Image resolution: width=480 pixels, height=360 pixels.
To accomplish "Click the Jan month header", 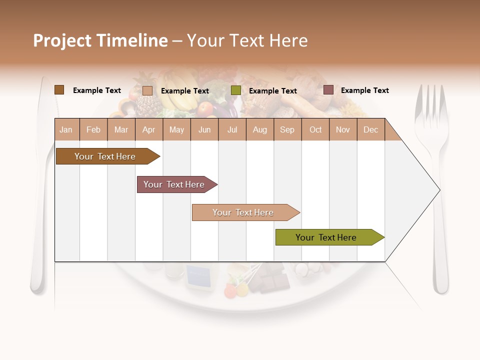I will (x=66, y=129).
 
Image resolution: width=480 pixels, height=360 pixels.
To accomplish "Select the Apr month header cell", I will (x=149, y=129).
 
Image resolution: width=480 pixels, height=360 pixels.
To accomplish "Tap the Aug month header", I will (x=260, y=129).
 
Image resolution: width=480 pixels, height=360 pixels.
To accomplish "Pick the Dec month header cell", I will (x=370, y=129).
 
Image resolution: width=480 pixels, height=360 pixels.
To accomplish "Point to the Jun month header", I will (x=204, y=129).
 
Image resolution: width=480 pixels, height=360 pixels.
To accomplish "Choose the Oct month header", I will (x=315, y=129).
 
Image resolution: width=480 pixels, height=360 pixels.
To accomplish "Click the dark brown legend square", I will (x=59, y=90).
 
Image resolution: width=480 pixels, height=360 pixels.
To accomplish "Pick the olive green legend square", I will (x=236, y=90).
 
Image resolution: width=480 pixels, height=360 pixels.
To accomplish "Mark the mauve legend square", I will (x=328, y=90).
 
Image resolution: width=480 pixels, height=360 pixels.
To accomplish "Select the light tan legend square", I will (x=147, y=90).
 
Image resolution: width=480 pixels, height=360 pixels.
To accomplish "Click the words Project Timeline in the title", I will (x=100, y=40).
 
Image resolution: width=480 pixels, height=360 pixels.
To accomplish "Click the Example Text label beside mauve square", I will (x=364, y=90).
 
